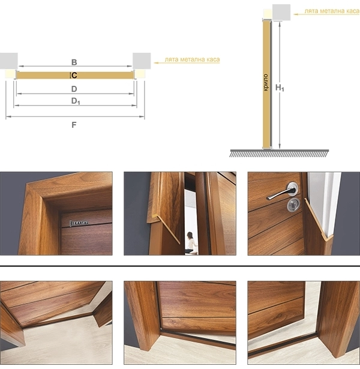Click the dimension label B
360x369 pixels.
74,62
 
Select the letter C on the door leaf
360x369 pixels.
74,76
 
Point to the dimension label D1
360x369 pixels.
76,101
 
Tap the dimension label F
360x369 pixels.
74,125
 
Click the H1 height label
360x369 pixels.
280,88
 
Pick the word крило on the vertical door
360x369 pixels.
266,82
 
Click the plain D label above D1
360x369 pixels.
74,89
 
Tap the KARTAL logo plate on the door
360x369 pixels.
79,223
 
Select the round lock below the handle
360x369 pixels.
293,205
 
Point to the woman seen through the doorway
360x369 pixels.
191,243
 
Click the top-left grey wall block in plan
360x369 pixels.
9,61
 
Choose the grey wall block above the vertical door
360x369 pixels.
281,13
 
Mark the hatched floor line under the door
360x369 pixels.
279,153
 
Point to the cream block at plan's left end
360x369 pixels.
10,74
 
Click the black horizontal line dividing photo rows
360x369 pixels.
180,266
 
